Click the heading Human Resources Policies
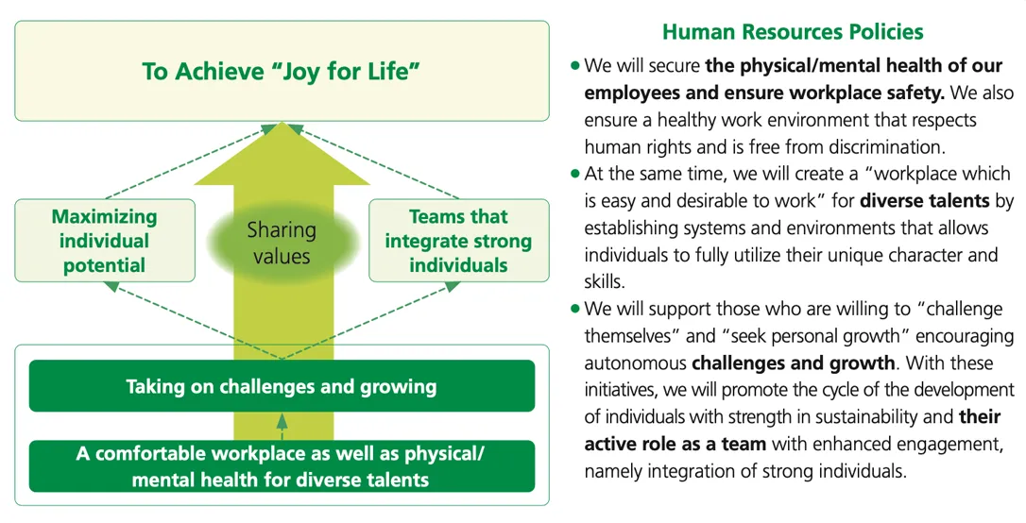[x=792, y=32]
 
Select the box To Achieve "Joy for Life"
[x=282, y=71]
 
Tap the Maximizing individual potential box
[x=105, y=241]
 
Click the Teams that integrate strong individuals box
[x=458, y=241]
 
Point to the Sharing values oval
[x=282, y=243]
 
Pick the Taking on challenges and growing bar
[x=282, y=386]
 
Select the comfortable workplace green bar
[x=282, y=466]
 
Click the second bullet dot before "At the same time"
[x=574, y=175]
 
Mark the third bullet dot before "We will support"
[x=574, y=310]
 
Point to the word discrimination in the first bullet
[x=863, y=147]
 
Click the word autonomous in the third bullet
[x=635, y=363]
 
